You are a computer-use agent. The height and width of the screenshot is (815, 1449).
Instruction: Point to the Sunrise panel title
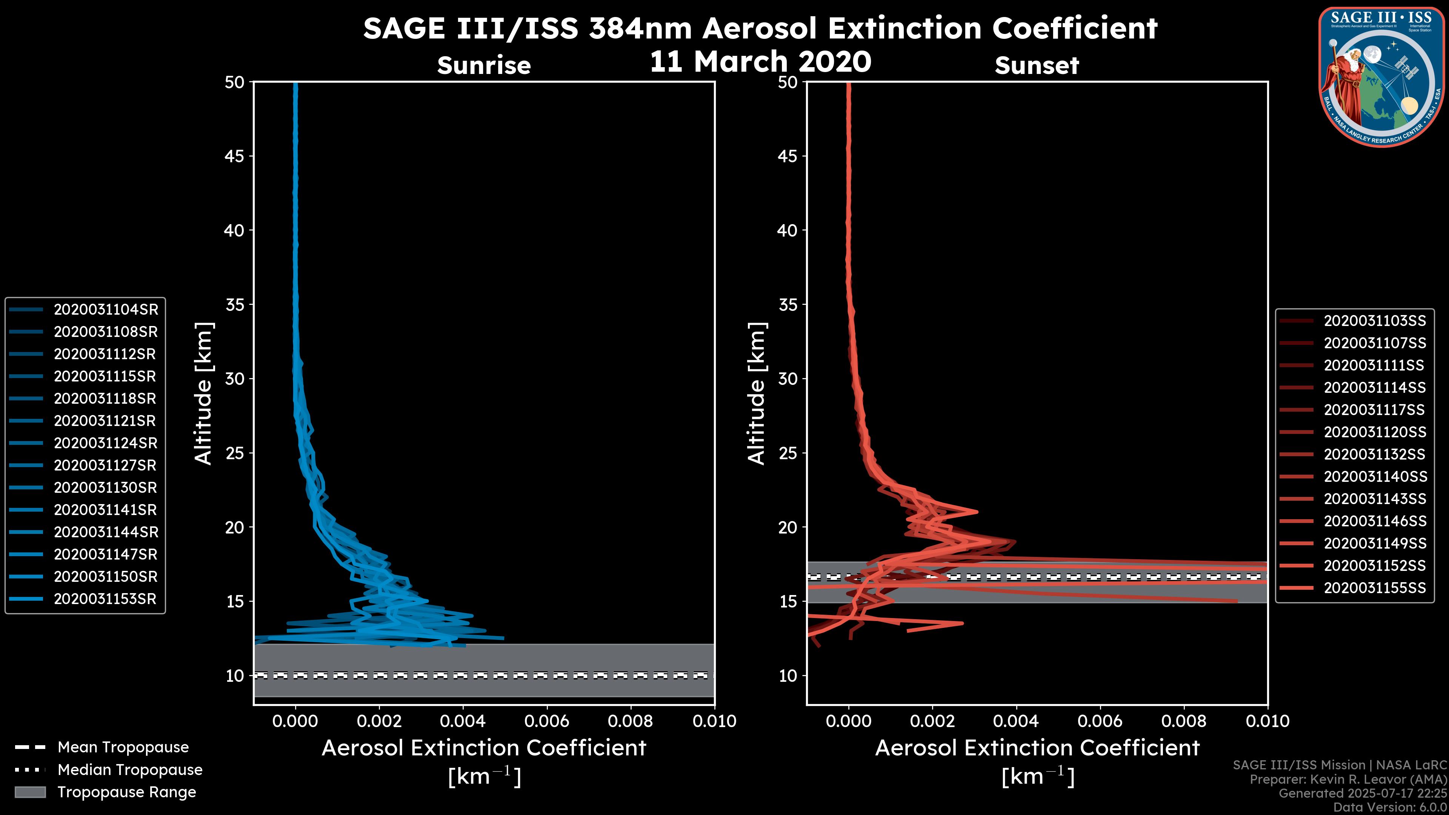point(484,66)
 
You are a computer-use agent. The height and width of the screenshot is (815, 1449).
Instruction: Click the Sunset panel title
point(1037,66)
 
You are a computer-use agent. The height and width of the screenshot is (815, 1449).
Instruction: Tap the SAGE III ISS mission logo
point(1381,77)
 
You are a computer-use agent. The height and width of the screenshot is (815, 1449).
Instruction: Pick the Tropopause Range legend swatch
point(30,792)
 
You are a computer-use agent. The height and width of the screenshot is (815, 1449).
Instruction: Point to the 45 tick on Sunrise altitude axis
point(235,156)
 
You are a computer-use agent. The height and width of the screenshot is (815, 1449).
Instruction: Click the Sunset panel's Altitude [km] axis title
point(757,394)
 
